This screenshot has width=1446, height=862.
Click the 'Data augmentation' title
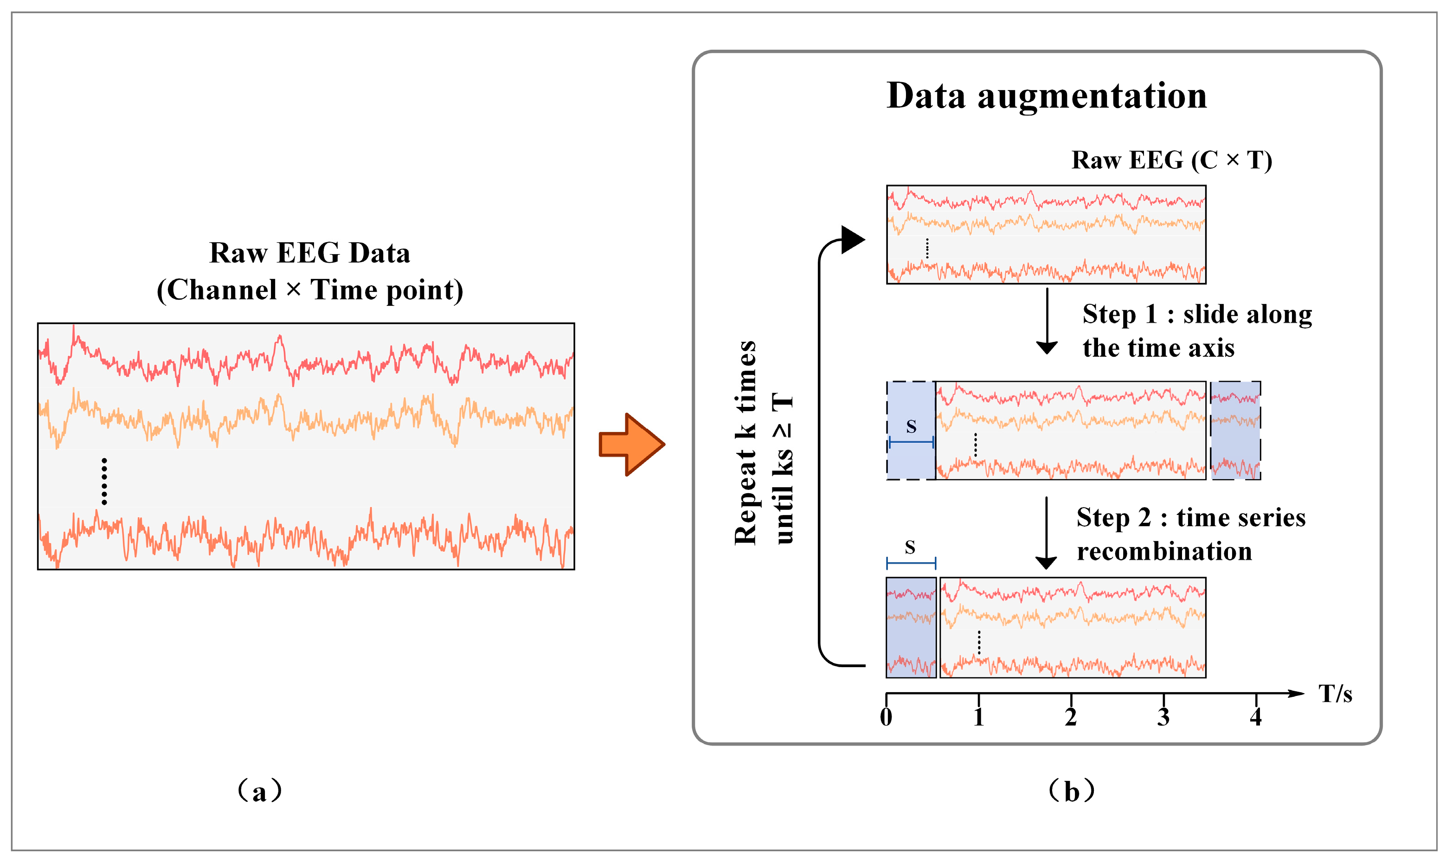(1047, 96)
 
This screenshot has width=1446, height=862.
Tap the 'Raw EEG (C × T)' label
(1171, 161)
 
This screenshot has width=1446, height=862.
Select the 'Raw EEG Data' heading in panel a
(309, 253)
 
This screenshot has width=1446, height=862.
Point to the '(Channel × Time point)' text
(309, 290)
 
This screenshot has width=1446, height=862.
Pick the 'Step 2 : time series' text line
(1190, 518)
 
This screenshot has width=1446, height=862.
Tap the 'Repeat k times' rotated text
(745, 443)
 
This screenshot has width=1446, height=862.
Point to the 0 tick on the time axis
(886, 717)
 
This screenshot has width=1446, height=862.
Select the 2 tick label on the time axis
(1071, 717)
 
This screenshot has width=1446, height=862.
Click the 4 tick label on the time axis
(1255, 717)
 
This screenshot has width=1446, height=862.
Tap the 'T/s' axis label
(1335, 694)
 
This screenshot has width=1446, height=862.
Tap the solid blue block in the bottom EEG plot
(911, 627)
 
